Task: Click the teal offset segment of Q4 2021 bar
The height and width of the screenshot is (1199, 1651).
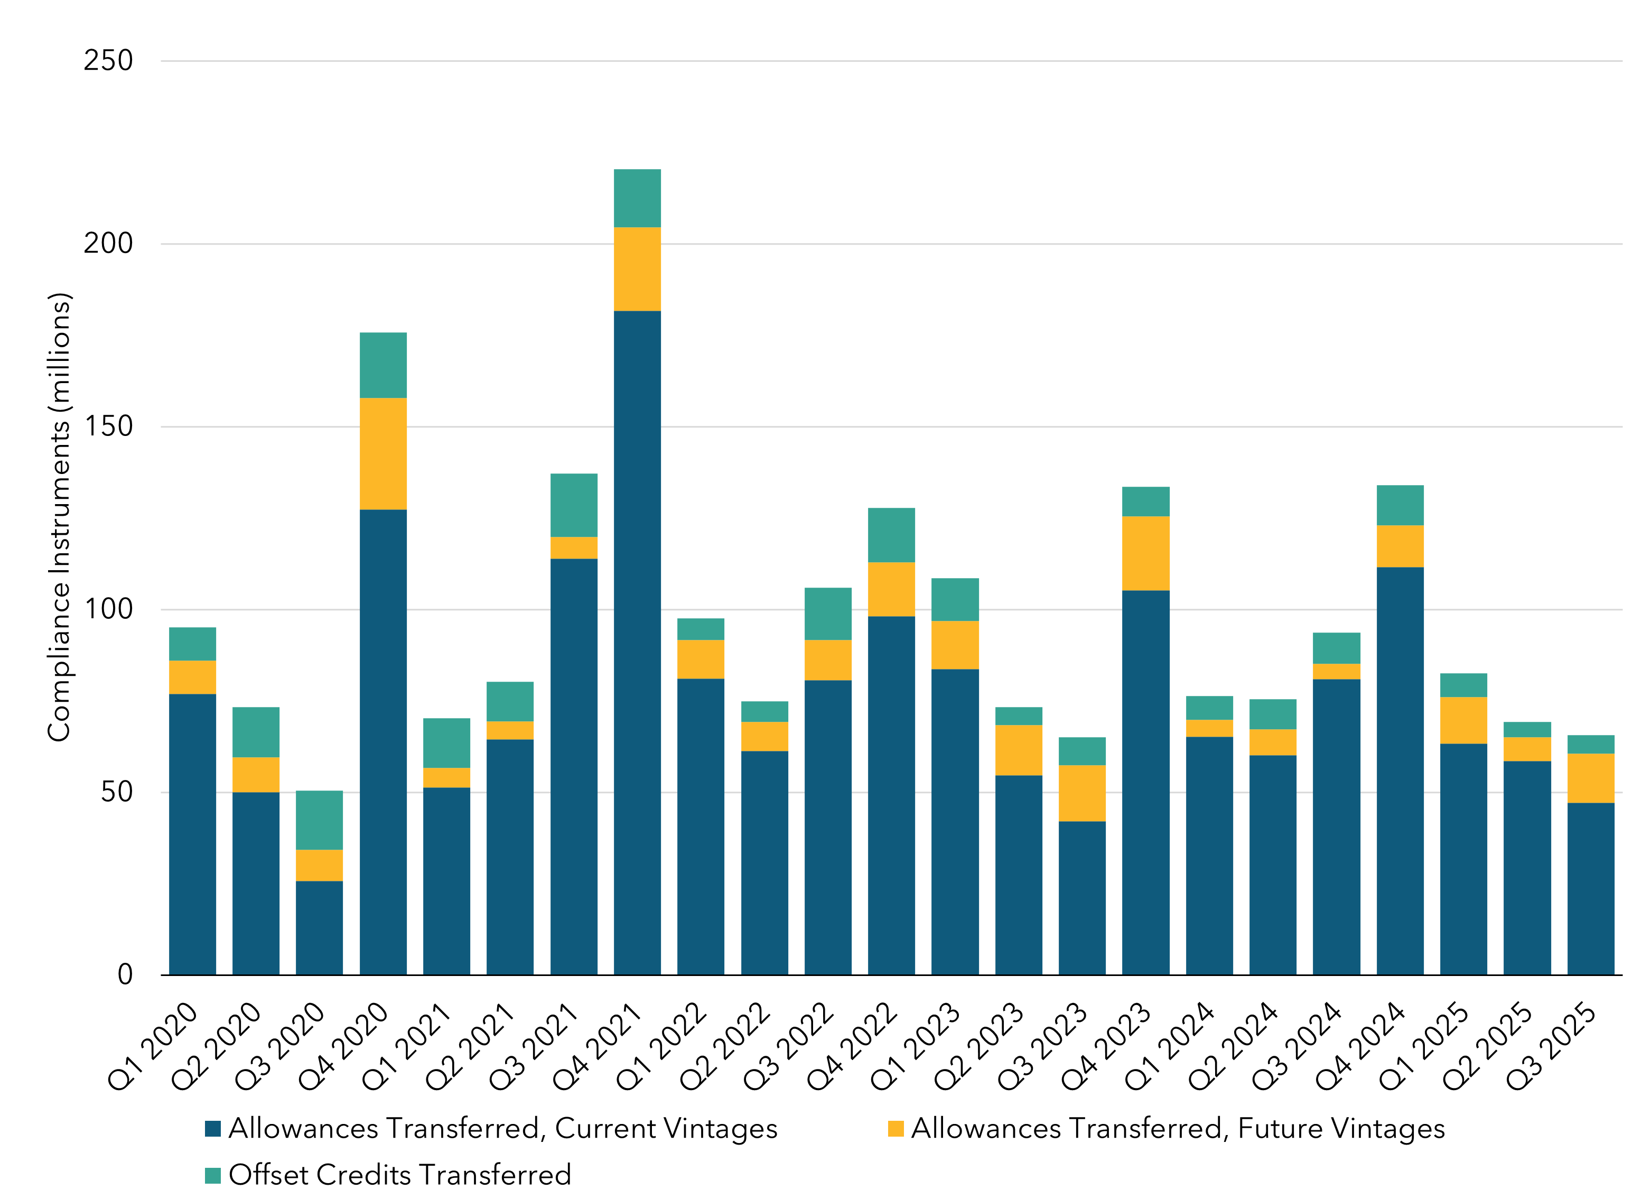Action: [637, 198]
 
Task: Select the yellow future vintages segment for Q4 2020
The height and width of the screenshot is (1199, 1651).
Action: [383, 453]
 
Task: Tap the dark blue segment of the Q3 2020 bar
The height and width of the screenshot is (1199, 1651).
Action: [319, 928]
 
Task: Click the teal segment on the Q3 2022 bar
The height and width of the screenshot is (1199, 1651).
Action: [828, 614]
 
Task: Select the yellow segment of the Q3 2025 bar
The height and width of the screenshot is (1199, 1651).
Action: [1591, 778]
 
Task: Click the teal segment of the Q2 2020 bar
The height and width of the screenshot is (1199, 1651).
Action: [256, 732]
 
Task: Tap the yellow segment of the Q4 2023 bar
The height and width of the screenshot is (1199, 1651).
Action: [1146, 553]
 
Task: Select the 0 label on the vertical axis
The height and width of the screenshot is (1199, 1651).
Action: [125, 975]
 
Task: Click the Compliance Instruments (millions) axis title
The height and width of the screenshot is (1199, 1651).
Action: [60, 517]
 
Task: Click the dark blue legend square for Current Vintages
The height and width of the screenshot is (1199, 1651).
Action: [212, 1129]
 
